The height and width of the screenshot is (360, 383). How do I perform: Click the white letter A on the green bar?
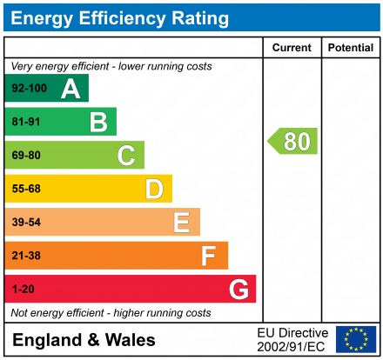[x=71, y=89]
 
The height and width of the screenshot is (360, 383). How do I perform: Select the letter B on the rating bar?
[x=98, y=122]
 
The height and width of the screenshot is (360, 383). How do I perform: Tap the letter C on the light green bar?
[x=126, y=156]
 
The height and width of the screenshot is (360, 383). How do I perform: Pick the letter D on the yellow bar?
[x=154, y=189]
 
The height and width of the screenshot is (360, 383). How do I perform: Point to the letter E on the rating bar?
[x=181, y=223]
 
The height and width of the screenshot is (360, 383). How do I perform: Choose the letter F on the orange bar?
[x=209, y=256]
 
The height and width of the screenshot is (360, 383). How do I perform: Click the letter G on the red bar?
[x=238, y=289]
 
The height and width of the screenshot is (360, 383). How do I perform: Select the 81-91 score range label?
[x=25, y=122]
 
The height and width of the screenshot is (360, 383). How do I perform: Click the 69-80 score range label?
[x=25, y=156]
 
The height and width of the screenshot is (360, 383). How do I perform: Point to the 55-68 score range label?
[x=25, y=189]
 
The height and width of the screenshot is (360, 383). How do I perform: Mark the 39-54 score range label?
[x=25, y=223]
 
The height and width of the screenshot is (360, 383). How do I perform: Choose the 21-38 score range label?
[x=25, y=256]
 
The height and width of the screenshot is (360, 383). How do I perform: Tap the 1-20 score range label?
[x=22, y=289]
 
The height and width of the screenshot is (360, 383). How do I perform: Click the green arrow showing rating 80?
[x=293, y=141]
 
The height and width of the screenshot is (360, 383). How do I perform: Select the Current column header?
[x=292, y=48]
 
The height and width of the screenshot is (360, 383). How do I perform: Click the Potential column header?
[x=350, y=48]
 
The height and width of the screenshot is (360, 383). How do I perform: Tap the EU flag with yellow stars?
[x=356, y=339]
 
